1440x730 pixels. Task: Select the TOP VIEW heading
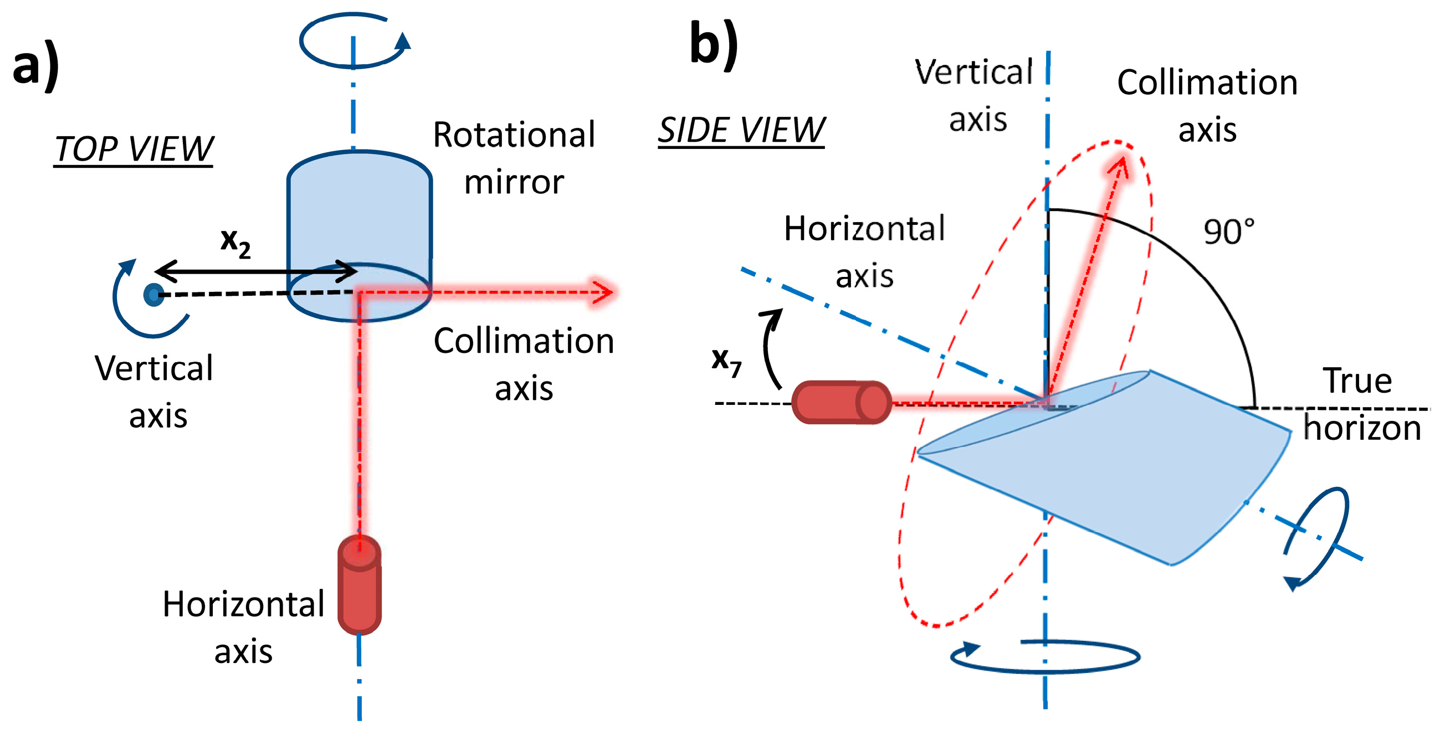(134, 150)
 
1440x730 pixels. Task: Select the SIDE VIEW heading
(741, 131)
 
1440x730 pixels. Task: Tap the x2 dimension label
(235, 243)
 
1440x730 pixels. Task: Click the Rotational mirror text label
(514, 158)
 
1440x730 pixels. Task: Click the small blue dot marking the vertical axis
(153, 295)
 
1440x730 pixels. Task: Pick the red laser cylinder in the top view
(360, 584)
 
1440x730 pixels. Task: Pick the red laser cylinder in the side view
(841, 402)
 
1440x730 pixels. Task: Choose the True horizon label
(1362, 404)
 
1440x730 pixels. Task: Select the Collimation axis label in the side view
(1207, 106)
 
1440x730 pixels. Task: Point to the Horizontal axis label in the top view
(244, 627)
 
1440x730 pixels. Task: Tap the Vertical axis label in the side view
(975, 96)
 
